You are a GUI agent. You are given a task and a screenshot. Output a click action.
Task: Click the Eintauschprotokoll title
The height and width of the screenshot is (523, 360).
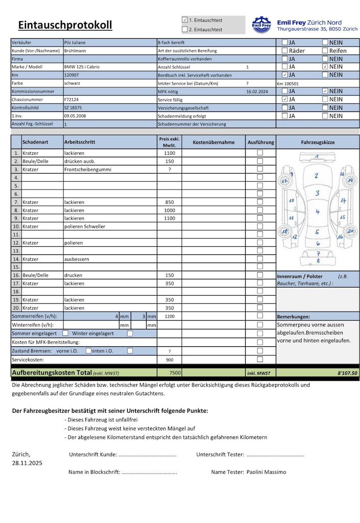[x=65, y=25]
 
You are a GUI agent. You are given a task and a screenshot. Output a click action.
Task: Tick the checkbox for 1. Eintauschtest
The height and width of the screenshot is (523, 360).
[x=185, y=20]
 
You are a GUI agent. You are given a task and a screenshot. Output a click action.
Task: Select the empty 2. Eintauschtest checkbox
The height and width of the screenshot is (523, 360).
[x=185, y=29]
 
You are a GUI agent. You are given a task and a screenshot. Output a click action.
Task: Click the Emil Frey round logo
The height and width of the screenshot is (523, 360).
[x=261, y=25]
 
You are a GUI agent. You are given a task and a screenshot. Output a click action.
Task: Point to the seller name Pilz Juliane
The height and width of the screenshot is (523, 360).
[x=75, y=42]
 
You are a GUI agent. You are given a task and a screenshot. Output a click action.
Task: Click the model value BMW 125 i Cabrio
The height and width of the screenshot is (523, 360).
[x=83, y=67]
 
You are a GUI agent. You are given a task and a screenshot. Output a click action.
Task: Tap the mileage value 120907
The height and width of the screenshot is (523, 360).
[x=73, y=75]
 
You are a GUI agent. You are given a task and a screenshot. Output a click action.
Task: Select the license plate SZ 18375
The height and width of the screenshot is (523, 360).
[x=74, y=108]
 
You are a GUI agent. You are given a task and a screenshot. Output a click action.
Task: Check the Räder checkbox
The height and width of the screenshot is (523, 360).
[x=285, y=51]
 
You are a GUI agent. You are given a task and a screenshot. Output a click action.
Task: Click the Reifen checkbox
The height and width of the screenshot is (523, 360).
[x=325, y=51]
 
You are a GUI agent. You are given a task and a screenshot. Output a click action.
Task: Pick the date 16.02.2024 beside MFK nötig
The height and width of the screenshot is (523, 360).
[x=257, y=91]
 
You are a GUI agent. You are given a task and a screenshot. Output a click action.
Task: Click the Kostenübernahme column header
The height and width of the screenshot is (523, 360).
[x=213, y=142]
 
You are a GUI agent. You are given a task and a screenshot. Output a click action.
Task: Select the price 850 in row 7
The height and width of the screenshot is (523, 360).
[x=170, y=202]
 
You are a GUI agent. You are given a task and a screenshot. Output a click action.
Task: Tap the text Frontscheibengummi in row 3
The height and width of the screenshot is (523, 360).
[x=87, y=169]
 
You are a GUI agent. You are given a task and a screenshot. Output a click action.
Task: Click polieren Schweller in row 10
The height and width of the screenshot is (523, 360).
[x=85, y=226]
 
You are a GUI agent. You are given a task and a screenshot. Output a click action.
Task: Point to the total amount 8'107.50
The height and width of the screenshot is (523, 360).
[x=347, y=373]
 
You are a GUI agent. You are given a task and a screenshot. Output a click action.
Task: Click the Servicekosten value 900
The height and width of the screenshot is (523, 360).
[x=170, y=360]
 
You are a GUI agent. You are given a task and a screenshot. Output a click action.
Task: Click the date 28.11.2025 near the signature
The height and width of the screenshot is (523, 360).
[x=27, y=463]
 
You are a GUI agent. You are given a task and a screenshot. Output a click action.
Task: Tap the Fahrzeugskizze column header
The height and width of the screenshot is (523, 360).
[x=318, y=142]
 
